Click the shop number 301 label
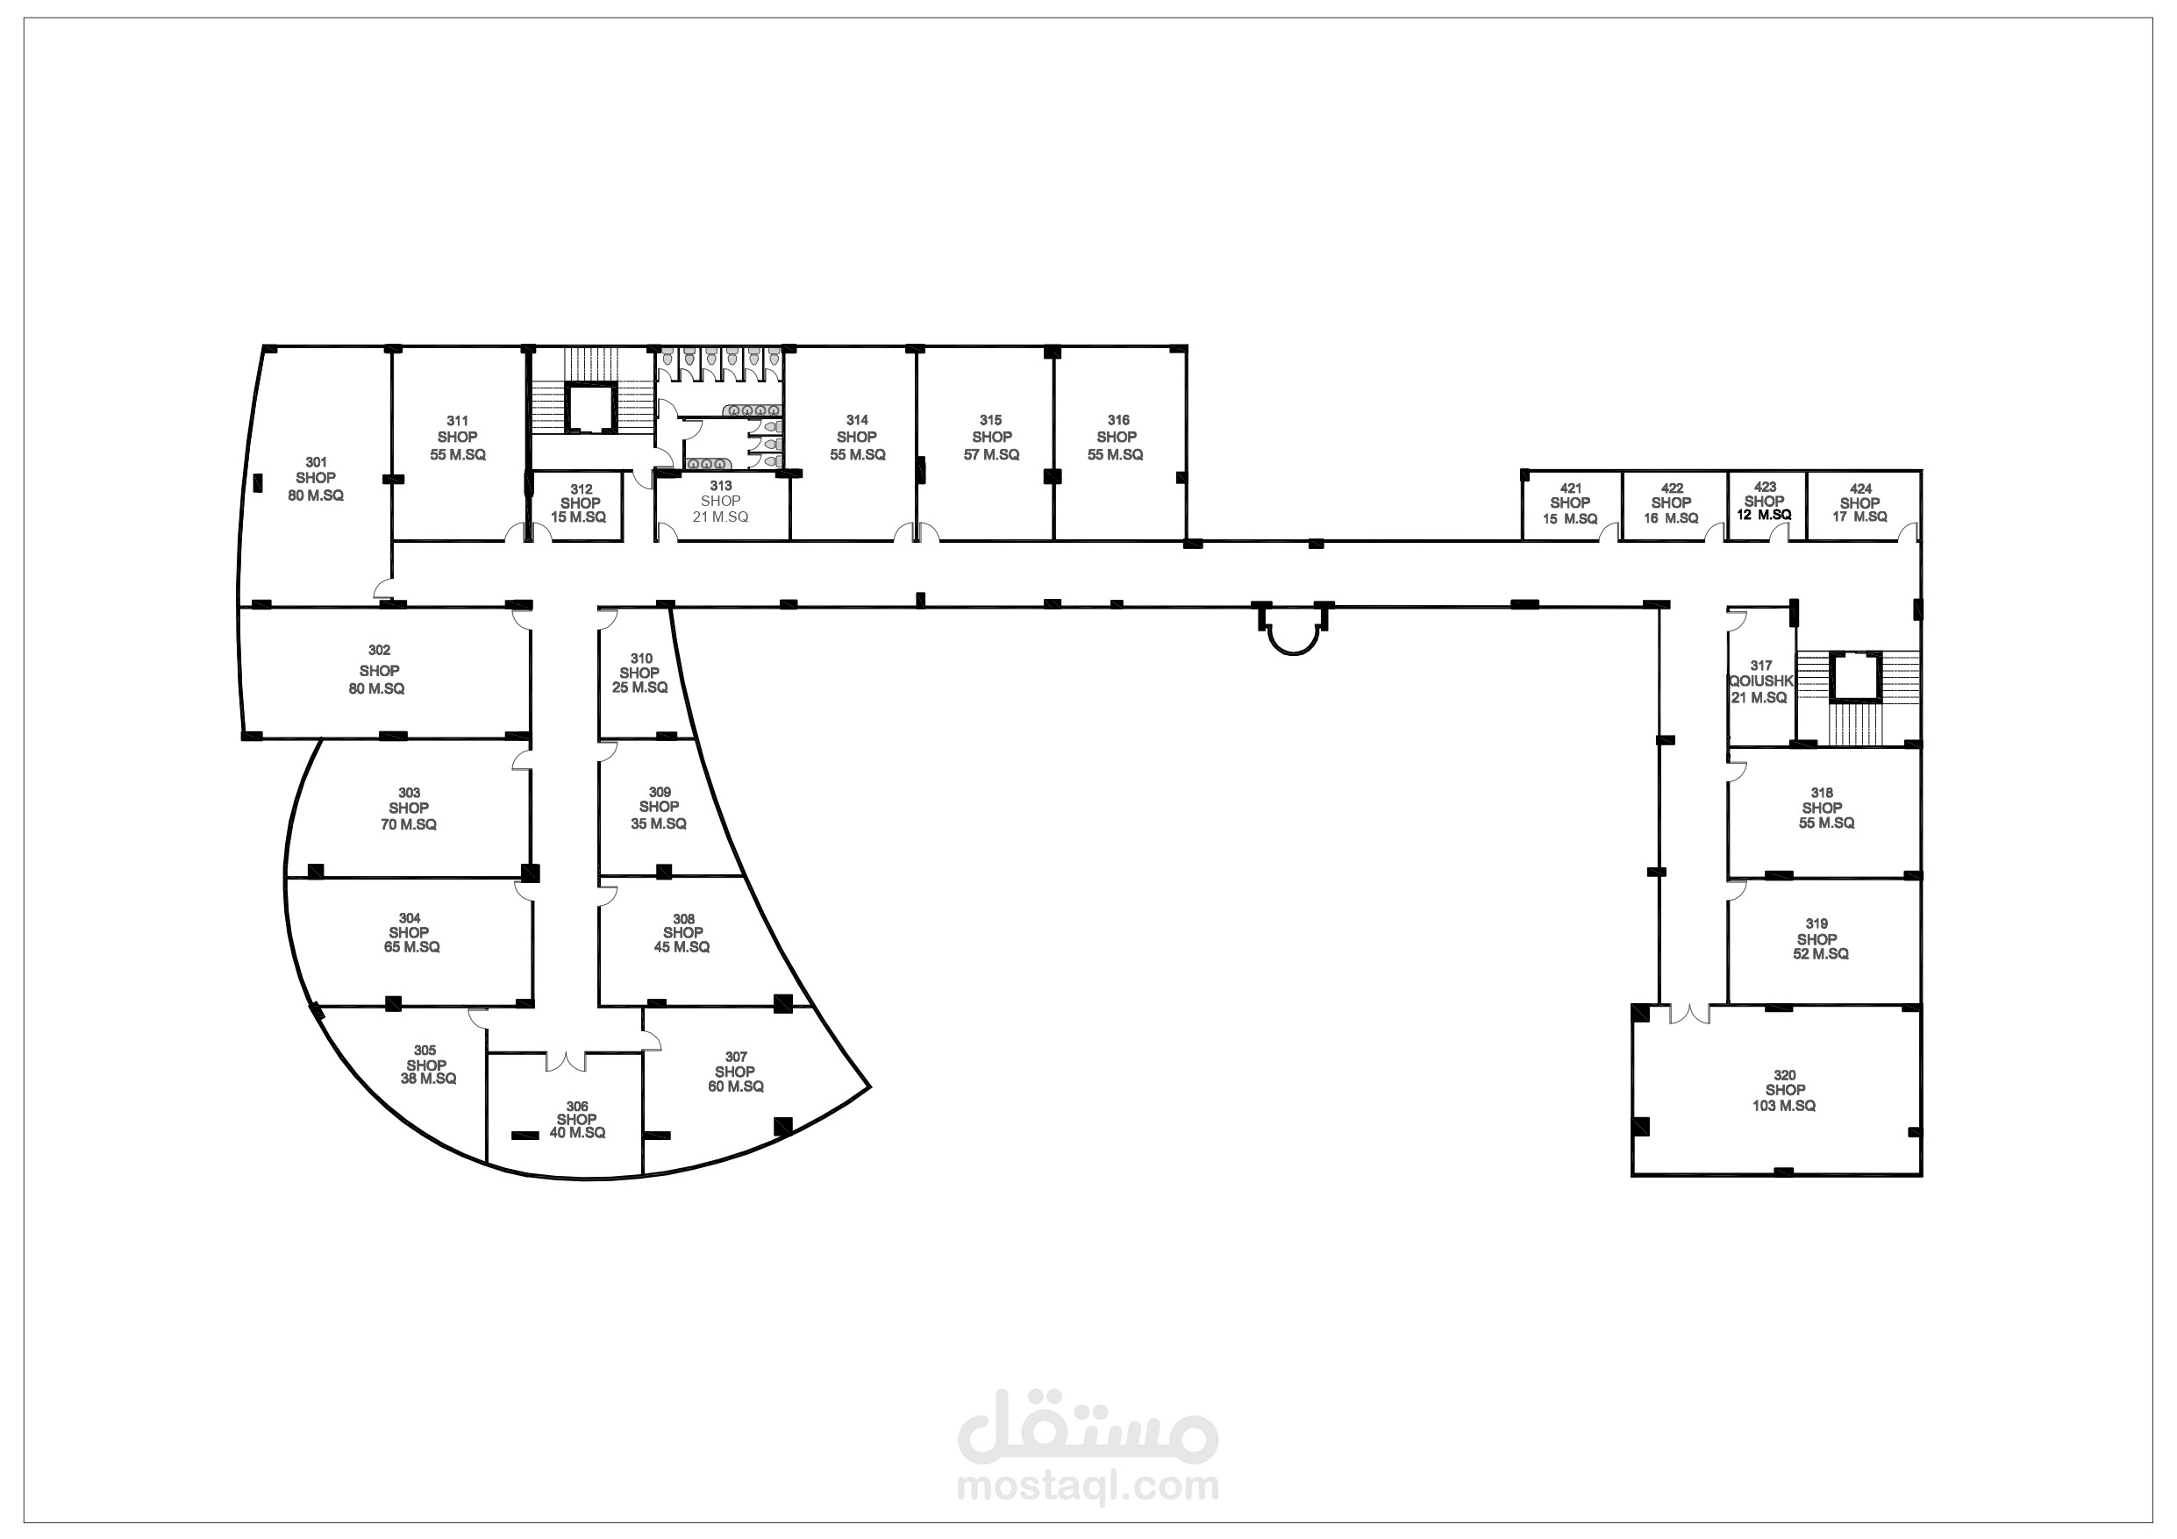[x=316, y=463]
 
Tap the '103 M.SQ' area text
[x=1783, y=1106]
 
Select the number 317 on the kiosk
[x=1760, y=666]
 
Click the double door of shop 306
[x=566, y=1061]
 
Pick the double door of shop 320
[x=1688, y=1014]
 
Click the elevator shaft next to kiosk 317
[x=1854, y=676]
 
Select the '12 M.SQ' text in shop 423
[x=1764, y=515]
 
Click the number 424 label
[x=1860, y=489]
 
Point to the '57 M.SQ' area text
[x=991, y=455]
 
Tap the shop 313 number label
[x=721, y=486]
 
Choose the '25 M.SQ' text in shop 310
[x=640, y=688]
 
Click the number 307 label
[x=736, y=1057]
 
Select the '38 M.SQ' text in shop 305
[x=429, y=1079]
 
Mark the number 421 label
[x=1570, y=488]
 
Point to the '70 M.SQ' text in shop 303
[x=409, y=825]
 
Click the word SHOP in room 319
[x=1817, y=939]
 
